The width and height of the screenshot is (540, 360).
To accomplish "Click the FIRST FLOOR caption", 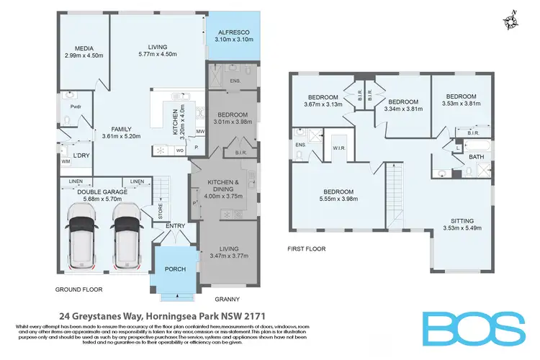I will [307, 249].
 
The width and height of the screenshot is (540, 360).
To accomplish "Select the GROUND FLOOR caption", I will [79, 289].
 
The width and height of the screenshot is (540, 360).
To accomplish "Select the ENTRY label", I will [176, 227].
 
